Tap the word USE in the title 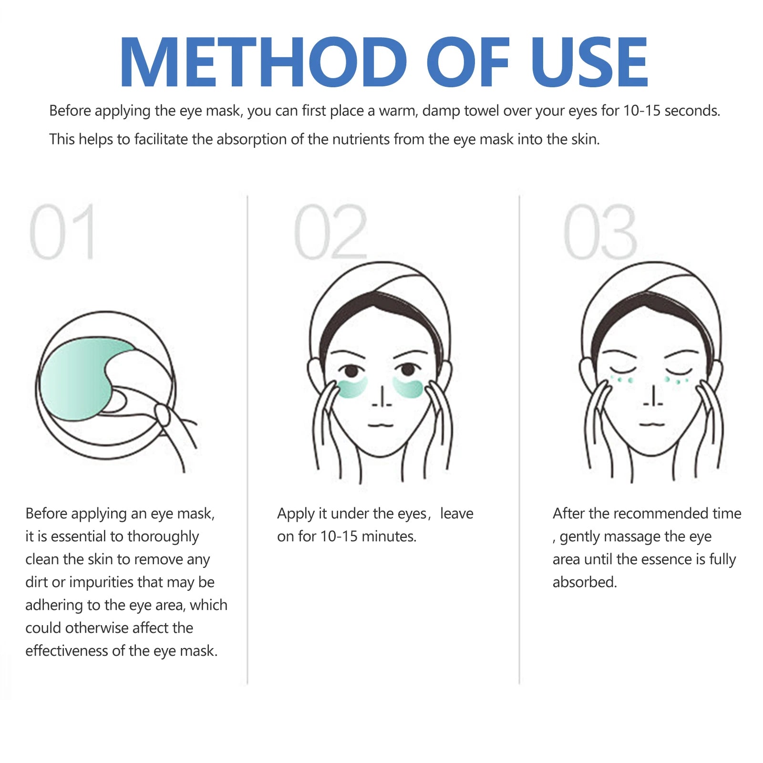589,62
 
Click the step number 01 62,232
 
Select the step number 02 330,232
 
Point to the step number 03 600,232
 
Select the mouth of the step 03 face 652,423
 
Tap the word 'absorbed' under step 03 585,582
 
